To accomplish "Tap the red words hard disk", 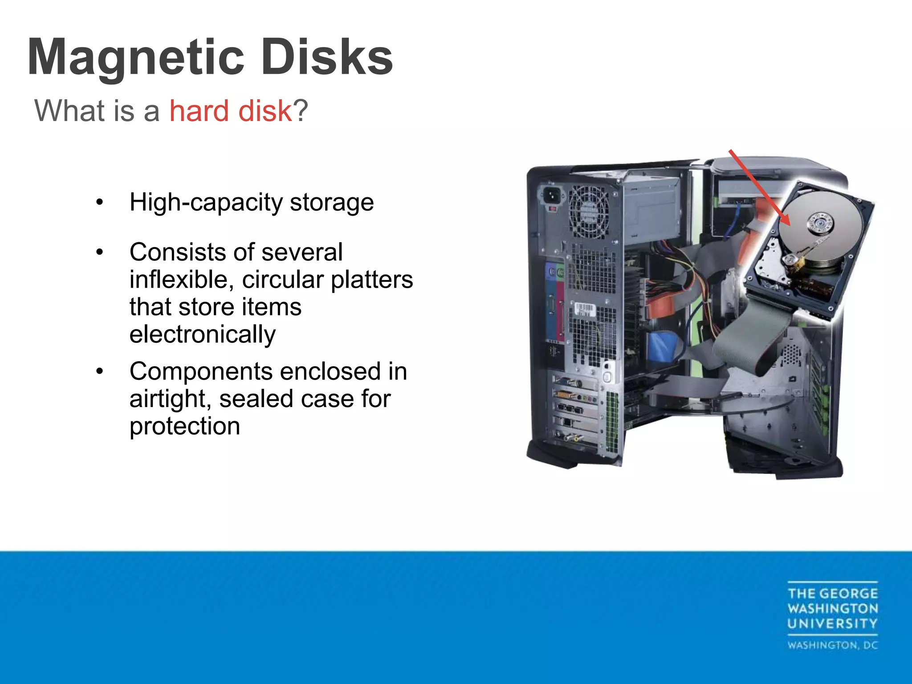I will click(x=230, y=110).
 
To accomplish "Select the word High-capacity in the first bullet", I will click(x=206, y=203).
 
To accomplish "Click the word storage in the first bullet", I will click(x=332, y=203).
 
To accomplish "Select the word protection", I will click(x=185, y=427).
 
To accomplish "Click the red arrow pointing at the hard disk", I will click(x=759, y=187).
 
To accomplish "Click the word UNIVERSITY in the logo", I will click(x=832, y=623).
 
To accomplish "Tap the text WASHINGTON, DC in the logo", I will click(x=832, y=645).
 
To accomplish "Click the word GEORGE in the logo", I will click(x=848, y=594).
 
